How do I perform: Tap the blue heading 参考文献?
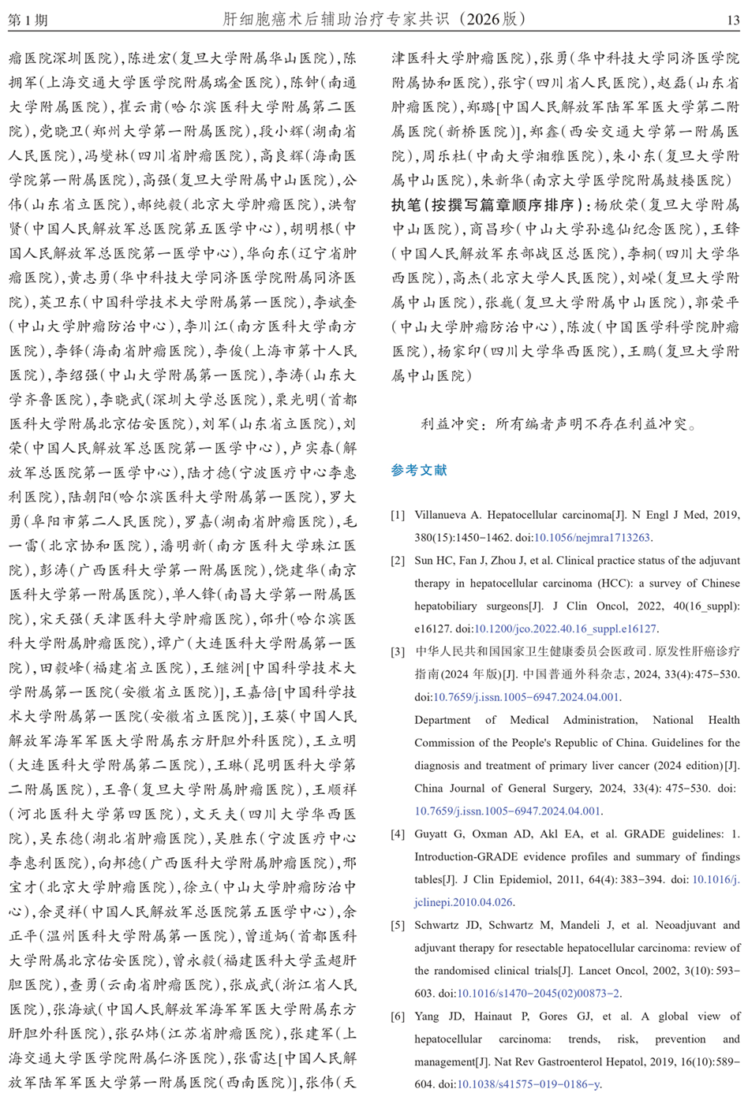(419, 470)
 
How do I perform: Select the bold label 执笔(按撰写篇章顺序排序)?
(490, 205)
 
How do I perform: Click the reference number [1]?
(398, 515)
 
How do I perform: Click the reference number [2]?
(398, 561)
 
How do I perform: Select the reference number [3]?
(398, 651)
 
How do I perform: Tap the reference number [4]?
(398, 834)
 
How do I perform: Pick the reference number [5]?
(398, 925)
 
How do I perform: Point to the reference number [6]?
(398, 1016)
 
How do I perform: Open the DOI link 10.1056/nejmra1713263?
(592, 538)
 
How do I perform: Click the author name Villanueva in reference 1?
(442, 515)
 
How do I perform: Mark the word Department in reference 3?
(443, 720)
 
